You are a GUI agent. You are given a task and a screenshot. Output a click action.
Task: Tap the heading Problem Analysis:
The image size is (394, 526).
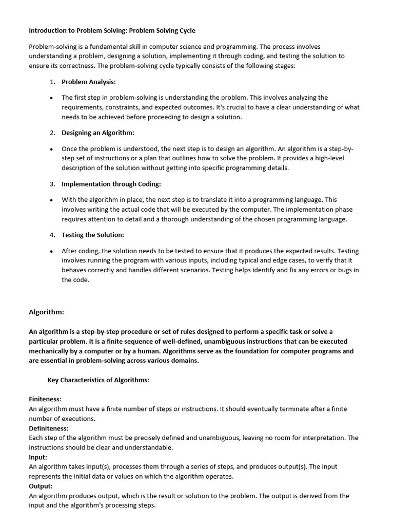pos(89,82)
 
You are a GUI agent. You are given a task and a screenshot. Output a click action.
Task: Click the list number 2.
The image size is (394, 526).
pos(52,133)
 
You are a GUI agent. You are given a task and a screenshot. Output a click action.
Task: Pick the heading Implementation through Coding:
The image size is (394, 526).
pos(111,184)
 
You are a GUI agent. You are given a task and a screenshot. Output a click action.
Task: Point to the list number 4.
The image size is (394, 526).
pos(52,235)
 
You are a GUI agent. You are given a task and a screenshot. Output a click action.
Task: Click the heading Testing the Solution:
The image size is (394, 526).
pos(93,235)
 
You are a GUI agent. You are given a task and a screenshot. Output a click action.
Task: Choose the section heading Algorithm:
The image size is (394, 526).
pos(46,312)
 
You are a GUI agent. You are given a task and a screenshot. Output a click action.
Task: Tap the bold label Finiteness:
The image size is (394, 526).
pos(45,399)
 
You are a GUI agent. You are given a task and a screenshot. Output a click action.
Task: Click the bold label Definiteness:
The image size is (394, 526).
pos(49,428)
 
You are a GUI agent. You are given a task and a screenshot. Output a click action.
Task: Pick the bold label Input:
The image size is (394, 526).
pos(38,457)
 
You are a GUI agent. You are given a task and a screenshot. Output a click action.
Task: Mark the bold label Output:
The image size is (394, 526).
pos(41,486)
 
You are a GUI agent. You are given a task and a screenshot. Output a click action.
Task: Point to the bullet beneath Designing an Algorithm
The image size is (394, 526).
pos(52,149)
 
